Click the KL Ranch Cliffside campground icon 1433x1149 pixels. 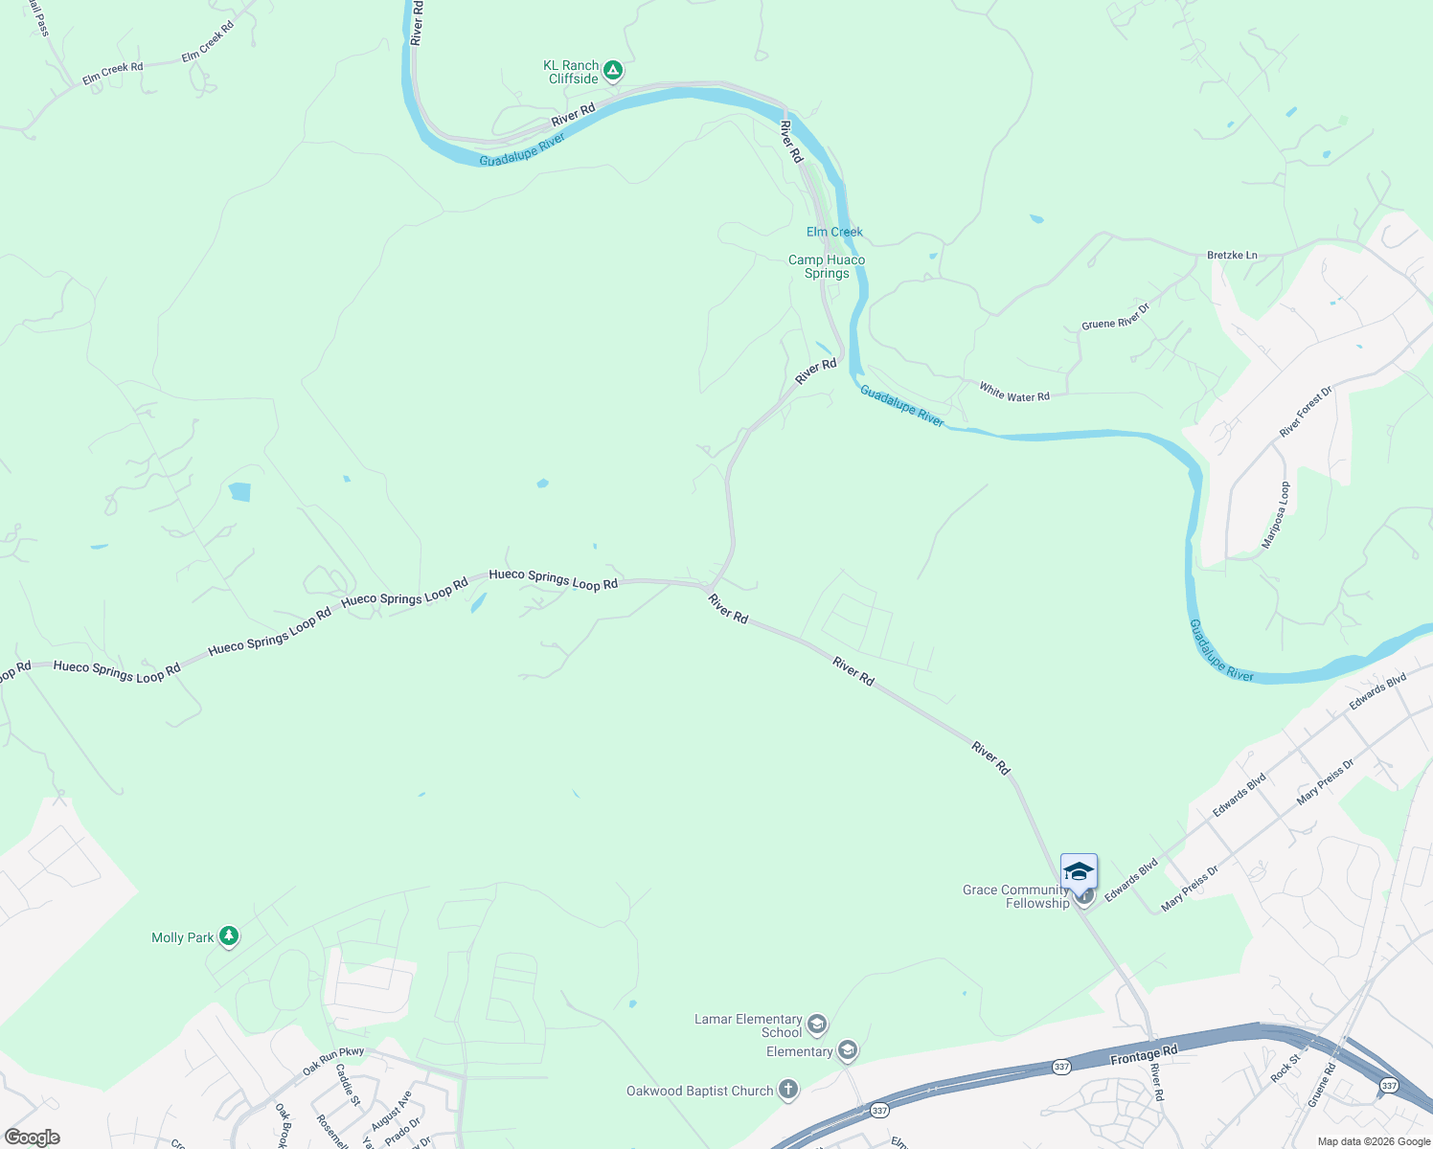(613, 70)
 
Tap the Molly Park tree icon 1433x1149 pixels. (228, 936)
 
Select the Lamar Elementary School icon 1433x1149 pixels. (817, 1025)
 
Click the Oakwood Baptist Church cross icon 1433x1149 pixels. (787, 1090)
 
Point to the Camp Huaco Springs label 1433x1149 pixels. (827, 266)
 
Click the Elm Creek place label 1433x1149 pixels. (834, 232)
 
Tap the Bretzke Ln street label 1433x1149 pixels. (1232, 255)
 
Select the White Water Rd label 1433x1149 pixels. (1014, 392)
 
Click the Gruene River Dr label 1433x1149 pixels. (1115, 317)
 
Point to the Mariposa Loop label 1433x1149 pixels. (1276, 514)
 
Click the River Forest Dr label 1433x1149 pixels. (1306, 413)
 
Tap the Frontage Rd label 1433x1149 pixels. (1144, 1056)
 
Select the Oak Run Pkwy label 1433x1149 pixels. (333, 1060)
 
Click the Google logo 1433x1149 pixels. (32, 1138)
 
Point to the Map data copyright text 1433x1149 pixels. (1374, 1141)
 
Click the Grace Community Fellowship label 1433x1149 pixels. (1015, 896)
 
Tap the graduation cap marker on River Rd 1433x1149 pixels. (1079, 871)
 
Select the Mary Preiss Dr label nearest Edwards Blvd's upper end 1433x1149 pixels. (1326, 781)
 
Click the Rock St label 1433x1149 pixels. (1285, 1068)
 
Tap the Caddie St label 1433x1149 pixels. (347, 1085)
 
